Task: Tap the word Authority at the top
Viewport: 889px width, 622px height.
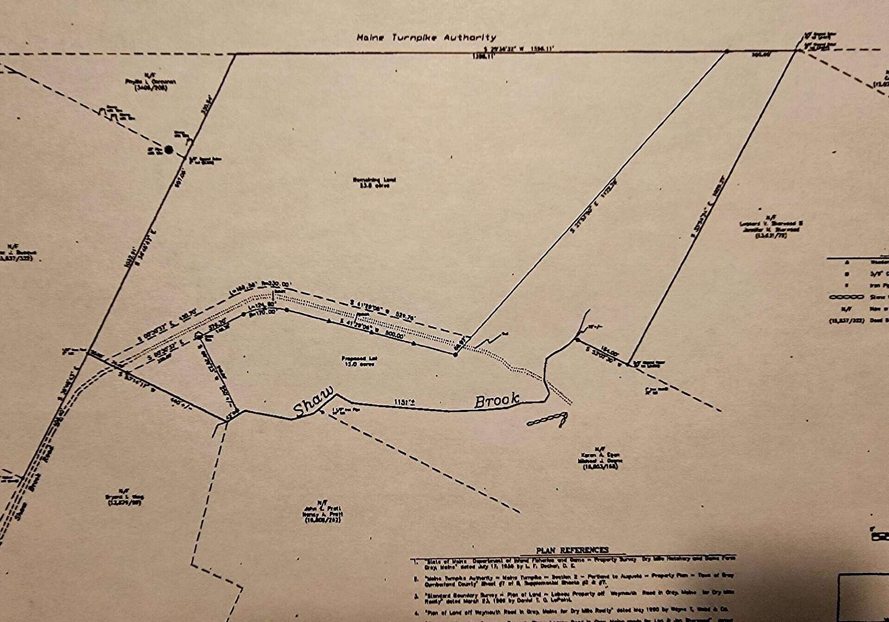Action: coord(469,38)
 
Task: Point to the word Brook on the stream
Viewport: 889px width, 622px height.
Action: coord(496,400)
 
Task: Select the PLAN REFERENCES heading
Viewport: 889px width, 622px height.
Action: coord(572,550)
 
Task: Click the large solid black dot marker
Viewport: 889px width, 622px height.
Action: coord(169,150)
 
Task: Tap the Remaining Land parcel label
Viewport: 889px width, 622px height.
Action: coord(374,182)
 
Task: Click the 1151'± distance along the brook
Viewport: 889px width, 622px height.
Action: coord(404,402)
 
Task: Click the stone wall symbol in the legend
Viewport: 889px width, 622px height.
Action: coord(845,297)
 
